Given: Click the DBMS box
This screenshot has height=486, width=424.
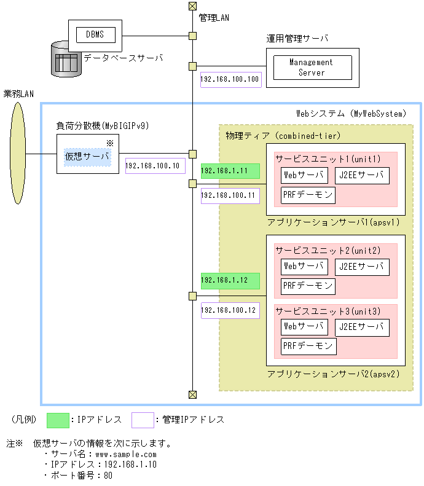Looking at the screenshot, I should coord(95,34).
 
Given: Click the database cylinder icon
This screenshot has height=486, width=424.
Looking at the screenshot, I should coord(66,59).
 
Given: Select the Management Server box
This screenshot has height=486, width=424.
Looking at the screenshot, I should coord(312,67).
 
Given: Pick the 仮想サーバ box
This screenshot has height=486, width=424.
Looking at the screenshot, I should coord(88,157).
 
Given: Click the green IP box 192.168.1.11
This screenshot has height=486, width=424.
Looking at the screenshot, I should coord(230,171).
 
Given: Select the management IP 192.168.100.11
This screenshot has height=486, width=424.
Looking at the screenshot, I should coord(230,197).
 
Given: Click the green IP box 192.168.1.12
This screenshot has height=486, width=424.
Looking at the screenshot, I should coord(230,281).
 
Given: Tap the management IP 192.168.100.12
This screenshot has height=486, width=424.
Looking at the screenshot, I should coord(230,310).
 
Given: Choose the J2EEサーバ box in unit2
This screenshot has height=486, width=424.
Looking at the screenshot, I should coord(363,267).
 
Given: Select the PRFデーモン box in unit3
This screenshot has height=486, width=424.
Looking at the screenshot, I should coord(308,347).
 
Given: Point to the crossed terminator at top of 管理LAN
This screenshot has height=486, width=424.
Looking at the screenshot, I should coord(192,6).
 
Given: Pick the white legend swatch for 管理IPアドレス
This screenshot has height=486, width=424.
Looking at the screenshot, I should coord(142,420).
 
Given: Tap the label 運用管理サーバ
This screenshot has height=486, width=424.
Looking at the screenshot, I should coord(297,38).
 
